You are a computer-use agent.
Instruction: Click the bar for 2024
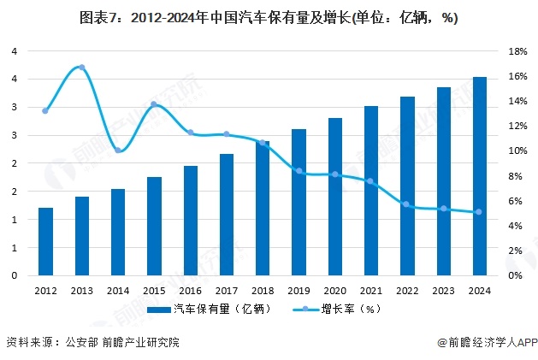pyautogui.click(x=480, y=176)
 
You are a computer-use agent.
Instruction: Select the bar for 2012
pyautogui.click(x=45, y=242)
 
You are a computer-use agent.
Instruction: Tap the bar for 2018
pyautogui.click(x=263, y=209)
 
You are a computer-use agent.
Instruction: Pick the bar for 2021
pyautogui.click(x=371, y=191)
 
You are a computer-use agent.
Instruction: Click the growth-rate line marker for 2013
pyautogui.click(x=81, y=67)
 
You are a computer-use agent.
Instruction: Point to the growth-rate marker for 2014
pyautogui.click(x=118, y=150)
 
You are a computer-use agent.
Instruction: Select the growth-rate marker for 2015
pyautogui.click(x=154, y=104)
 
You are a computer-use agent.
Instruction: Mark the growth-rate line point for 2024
pyautogui.click(x=479, y=212)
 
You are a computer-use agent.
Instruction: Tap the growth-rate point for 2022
pyautogui.click(x=407, y=204)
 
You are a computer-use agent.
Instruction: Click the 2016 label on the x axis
pyautogui.click(x=190, y=291)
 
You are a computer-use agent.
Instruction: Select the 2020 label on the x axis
pyautogui.click(x=334, y=291)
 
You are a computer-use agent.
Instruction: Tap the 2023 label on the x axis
pyautogui.click(x=443, y=291)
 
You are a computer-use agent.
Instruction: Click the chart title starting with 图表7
pyautogui.click(x=269, y=18)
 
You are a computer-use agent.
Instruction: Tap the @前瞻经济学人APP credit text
pyautogui.click(x=485, y=343)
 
